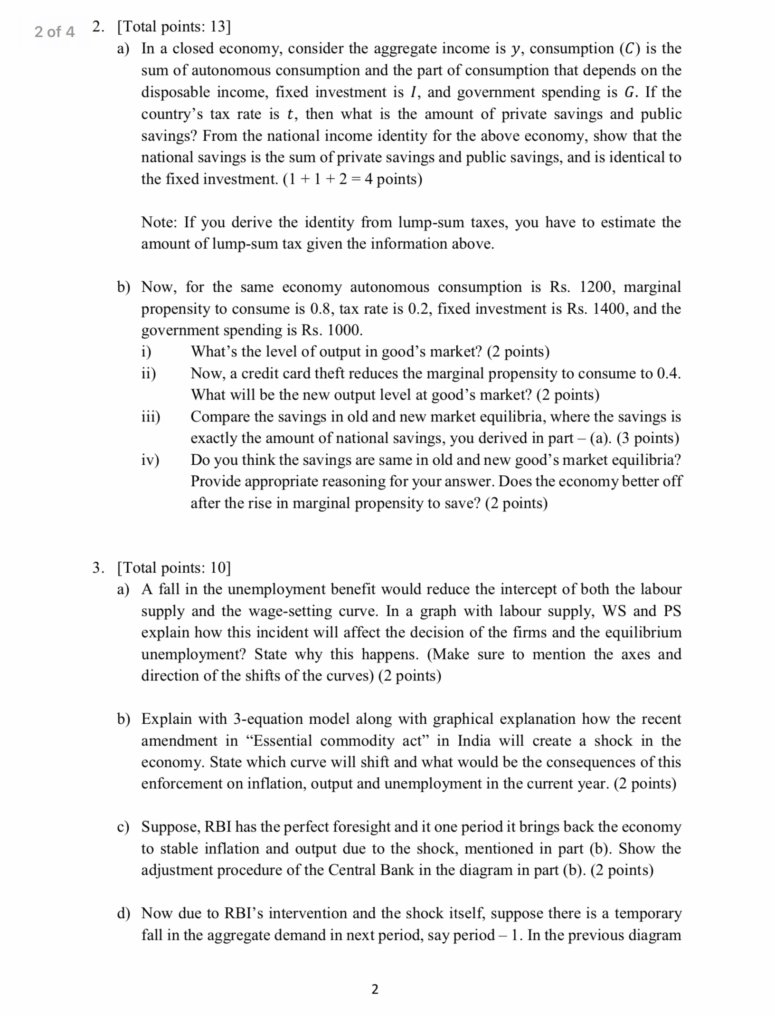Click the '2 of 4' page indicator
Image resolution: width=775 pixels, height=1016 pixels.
click(54, 32)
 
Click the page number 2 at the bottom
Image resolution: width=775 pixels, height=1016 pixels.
click(375, 989)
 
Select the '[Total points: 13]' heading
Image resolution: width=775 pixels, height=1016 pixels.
click(173, 27)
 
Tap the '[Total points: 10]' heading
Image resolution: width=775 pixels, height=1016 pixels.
click(173, 567)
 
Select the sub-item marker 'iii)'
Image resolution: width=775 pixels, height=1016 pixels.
click(151, 417)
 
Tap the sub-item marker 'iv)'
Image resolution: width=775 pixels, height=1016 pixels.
click(150, 460)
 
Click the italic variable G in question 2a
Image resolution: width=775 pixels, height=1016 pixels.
click(629, 92)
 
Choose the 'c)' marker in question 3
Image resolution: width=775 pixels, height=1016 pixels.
click(123, 827)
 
